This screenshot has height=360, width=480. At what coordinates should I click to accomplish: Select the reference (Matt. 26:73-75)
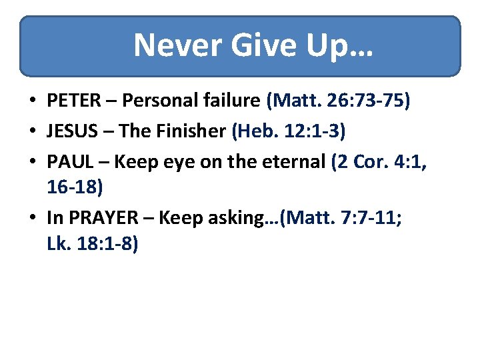point(338,101)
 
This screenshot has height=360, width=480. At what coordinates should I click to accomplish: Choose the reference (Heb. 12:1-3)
point(288,131)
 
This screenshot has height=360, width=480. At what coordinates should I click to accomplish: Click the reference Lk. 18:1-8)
point(93,245)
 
